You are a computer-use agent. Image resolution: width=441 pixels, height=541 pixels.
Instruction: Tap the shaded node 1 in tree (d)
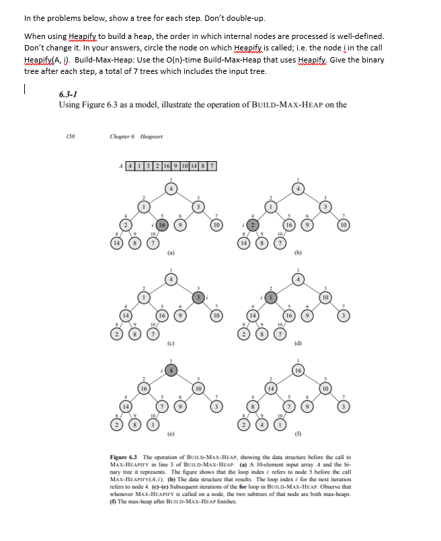[x=272, y=296]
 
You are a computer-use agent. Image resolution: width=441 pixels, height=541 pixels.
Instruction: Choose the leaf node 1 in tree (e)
[x=154, y=424]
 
